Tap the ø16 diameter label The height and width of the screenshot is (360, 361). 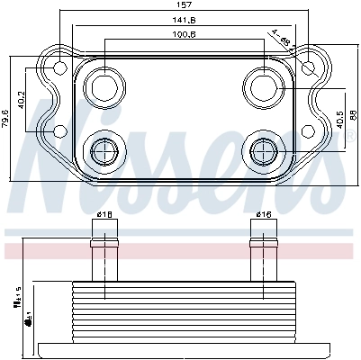(263, 214)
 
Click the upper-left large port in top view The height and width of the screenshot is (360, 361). (103, 87)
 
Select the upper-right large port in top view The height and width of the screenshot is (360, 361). (263, 87)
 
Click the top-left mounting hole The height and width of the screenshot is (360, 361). (59, 68)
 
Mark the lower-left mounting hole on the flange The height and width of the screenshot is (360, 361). (59, 132)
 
